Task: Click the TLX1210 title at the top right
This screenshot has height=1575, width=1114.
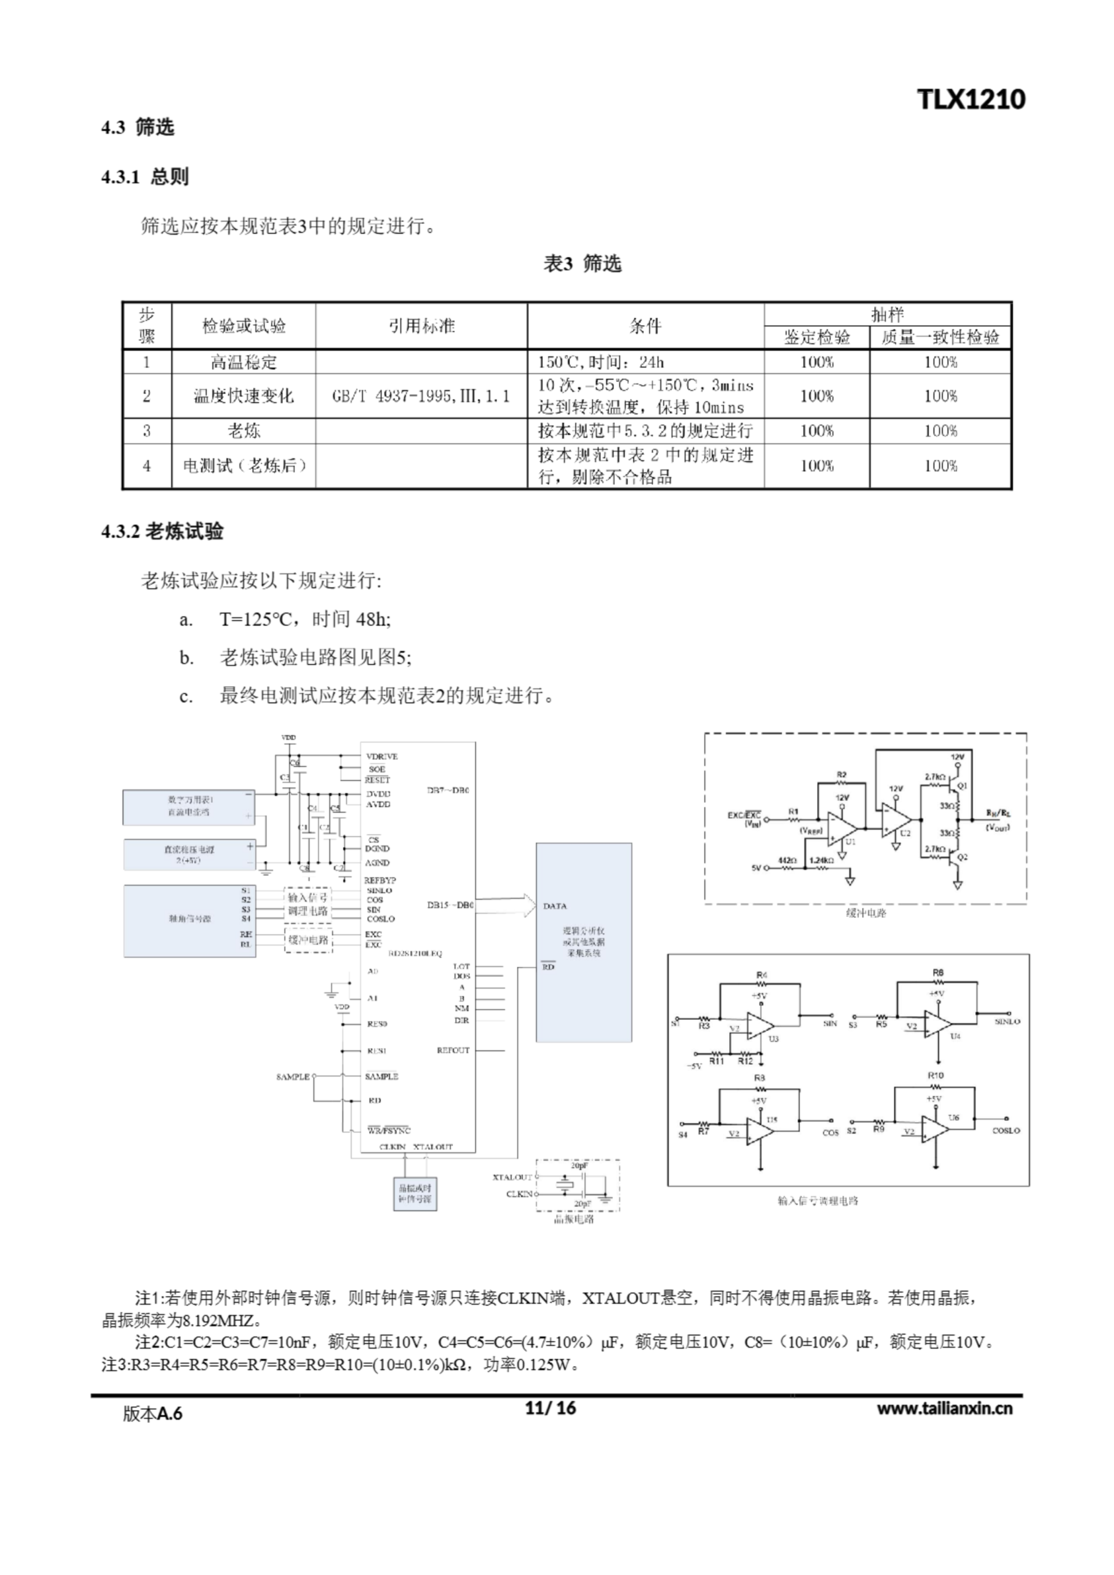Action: click(x=971, y=100)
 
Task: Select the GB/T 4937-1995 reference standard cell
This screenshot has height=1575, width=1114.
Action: click(x=421, y=396)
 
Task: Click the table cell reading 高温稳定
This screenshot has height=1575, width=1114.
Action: click(x=244, y=362)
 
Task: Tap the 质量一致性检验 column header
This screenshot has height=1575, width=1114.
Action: click(x=940, y=337)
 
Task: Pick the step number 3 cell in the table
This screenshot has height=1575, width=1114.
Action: click(x=147, y=431)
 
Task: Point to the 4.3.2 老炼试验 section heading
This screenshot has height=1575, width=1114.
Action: click(x=162, y=532)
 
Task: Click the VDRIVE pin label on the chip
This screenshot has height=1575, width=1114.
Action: click(x=381, y=756)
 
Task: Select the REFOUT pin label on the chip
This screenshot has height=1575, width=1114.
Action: click(x=453, y=1050)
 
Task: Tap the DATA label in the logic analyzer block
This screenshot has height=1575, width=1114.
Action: click(x=555, y=906)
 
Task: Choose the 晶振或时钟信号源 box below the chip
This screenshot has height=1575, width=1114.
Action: click(x=415, y=1194)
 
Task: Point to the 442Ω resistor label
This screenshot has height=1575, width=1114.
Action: click(x=787, y=859)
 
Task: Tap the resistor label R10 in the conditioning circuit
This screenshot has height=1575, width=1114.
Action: click(x=936, y=1075)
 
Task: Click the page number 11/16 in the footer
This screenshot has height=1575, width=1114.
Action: click(x=550, y=1408)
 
